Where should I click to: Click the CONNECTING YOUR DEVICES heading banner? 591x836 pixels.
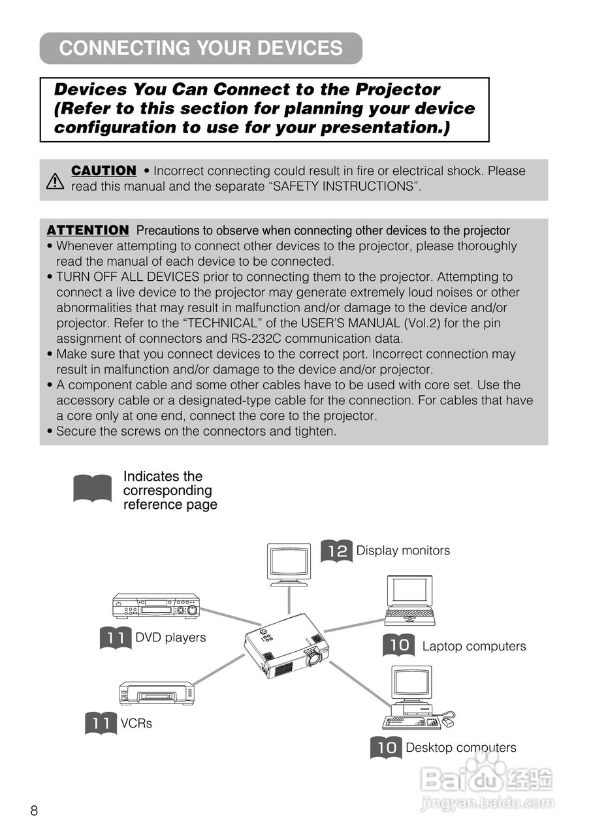pyautogui.click(x=200, y=48)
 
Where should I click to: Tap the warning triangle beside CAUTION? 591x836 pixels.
pyautogui.click(x=56, y=180)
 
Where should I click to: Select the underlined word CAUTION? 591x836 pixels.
pyautogui.click(x=103, y=171)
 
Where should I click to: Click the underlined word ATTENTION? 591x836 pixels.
pyautogui.click(x=88, y=231)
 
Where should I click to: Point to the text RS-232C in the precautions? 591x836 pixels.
pyautogui.click(x=251, y=339)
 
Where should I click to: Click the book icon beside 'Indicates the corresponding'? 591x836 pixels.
pyautogui.click(x=92, y=489)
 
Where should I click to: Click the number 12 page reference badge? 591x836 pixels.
pyautogui.click(x=336, y=551)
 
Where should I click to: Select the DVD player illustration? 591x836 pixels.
pyautogui.click(x=155, y=605)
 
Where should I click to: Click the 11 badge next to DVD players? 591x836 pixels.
pyautogui.click(x=116, y=638)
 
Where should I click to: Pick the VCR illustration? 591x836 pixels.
pyautogui.click(x=157, y=693)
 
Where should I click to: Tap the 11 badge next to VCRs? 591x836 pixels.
pyautogui.click(x=101, y=724)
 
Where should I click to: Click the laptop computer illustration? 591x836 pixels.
pyautogui.click(x=409, y=600)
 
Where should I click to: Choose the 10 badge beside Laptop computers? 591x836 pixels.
pyautogui.click(x=398, y=646)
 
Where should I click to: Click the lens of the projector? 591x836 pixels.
pyautogui.click(x=314, y=658)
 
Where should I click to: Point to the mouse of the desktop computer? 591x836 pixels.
pyautogui.click(x=447, y=722)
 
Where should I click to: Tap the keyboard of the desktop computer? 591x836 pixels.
pyautogui.click(x=404, y=722)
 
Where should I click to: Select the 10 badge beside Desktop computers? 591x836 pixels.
pyautogui.click(x=386, y=747)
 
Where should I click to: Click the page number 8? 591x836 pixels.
pyautogui.click(x=34, y=811)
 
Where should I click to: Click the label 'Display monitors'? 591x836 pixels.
pyautogui.click(x=403, y=551)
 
